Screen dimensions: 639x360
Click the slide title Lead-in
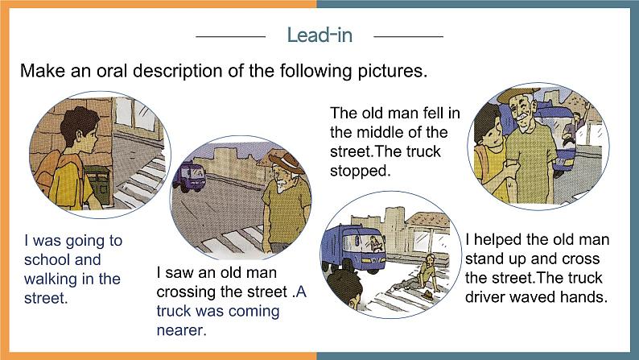319,35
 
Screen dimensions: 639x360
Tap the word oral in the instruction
112,71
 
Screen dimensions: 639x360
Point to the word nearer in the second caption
181,330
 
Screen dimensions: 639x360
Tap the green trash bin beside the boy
98,184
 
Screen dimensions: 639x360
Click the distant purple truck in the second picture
188,176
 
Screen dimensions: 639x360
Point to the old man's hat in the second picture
287,160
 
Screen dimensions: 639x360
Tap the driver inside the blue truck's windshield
375,244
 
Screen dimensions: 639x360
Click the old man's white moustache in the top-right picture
523,116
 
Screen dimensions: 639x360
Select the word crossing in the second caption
186,292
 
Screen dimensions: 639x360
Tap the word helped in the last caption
497,239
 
